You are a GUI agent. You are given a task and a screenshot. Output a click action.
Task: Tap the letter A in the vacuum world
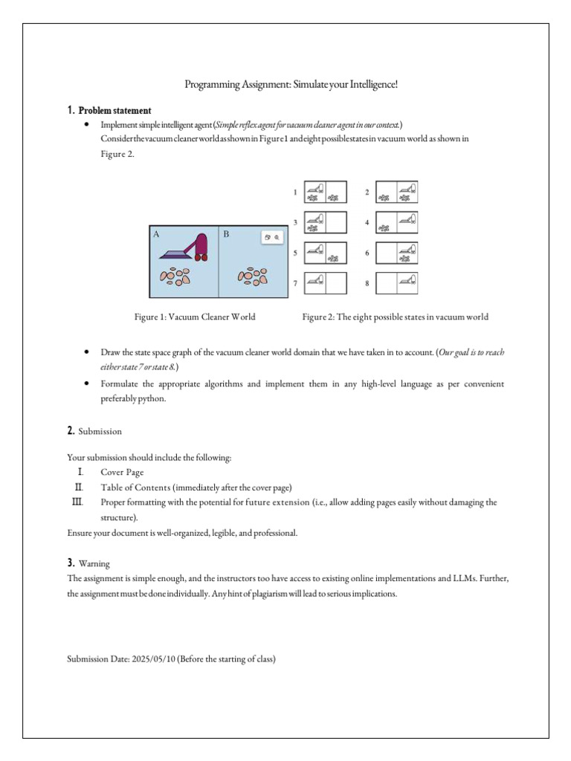point(156,234)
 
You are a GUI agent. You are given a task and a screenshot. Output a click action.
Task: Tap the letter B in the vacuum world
point(226,234)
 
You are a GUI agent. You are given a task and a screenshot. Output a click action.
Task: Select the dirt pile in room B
point(253,277)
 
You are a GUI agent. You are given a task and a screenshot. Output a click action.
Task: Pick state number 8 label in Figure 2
point(367,284)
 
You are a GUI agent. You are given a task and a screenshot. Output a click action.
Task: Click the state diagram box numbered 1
point(326,192)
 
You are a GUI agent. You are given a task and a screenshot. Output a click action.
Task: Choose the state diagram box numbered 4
point(397,222)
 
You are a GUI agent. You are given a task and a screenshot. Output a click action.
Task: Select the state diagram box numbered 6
point(397,253)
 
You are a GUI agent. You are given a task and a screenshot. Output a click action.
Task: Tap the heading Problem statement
point(115,111)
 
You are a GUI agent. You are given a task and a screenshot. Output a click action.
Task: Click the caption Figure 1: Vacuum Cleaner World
point(195,317)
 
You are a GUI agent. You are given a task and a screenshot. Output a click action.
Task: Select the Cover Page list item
point(123,473)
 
